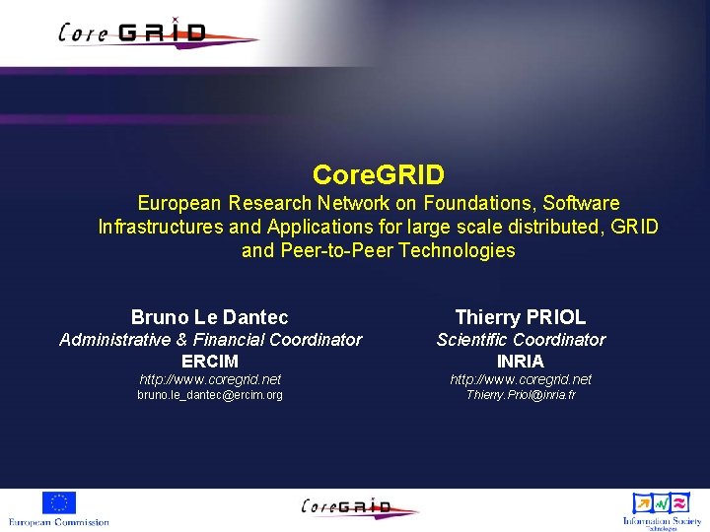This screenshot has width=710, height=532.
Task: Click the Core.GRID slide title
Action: point(379,175)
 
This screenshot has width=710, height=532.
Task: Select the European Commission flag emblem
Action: point(59,502)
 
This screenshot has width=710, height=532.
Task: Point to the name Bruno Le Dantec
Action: point(210,317)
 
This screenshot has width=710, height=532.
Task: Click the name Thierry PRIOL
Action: point(521,317)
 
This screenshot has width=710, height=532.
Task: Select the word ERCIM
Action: point(210,362)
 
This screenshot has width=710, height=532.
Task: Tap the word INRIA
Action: point(521,362)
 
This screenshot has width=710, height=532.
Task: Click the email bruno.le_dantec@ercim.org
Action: point(210,395)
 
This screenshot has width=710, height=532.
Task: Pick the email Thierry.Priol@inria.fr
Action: point(521,395)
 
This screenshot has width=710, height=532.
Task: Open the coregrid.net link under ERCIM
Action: point(210,379)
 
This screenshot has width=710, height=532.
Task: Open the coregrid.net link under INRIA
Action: point(521,379)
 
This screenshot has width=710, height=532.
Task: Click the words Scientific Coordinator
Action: point(521,340)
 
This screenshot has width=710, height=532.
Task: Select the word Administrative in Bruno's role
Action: point(114,340)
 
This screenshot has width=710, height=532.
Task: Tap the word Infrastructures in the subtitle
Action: point(161,227)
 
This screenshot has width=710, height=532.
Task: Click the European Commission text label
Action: point(59,521)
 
